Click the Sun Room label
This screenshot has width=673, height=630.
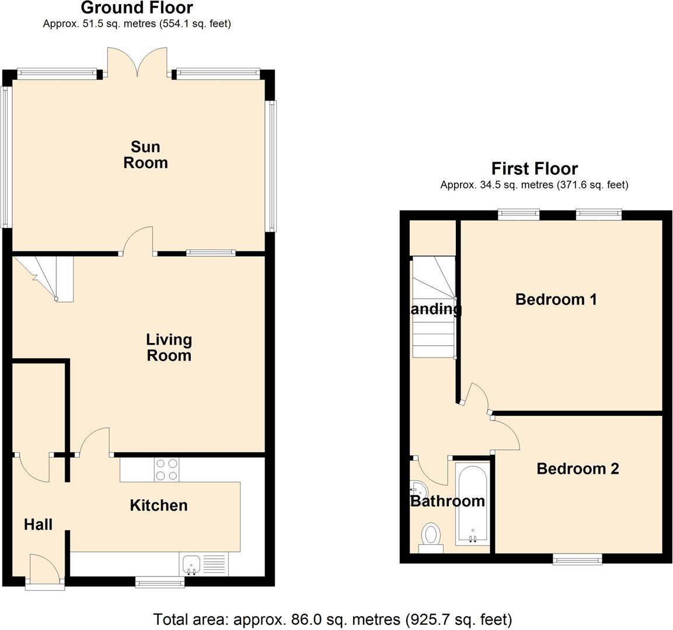pos(145,155)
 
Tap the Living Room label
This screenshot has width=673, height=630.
pos(169,347)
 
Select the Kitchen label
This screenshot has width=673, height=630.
pos(159,505)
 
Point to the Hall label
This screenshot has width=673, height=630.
pos(39,524)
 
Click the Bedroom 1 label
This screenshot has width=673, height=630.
pos(556,299)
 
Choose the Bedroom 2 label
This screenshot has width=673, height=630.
pos(577,468)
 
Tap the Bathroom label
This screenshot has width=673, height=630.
pos(447,501)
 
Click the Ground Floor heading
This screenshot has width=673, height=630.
pos(137,8)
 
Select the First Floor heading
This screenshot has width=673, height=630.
pos(534,169)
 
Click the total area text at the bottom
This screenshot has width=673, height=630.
pos(333,619)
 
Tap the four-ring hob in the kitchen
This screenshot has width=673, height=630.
pos(167,470)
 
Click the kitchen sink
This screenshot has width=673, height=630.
pos(191,564)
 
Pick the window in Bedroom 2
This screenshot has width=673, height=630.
pos(577,560)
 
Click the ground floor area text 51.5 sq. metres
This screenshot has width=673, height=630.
pos(137,24)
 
